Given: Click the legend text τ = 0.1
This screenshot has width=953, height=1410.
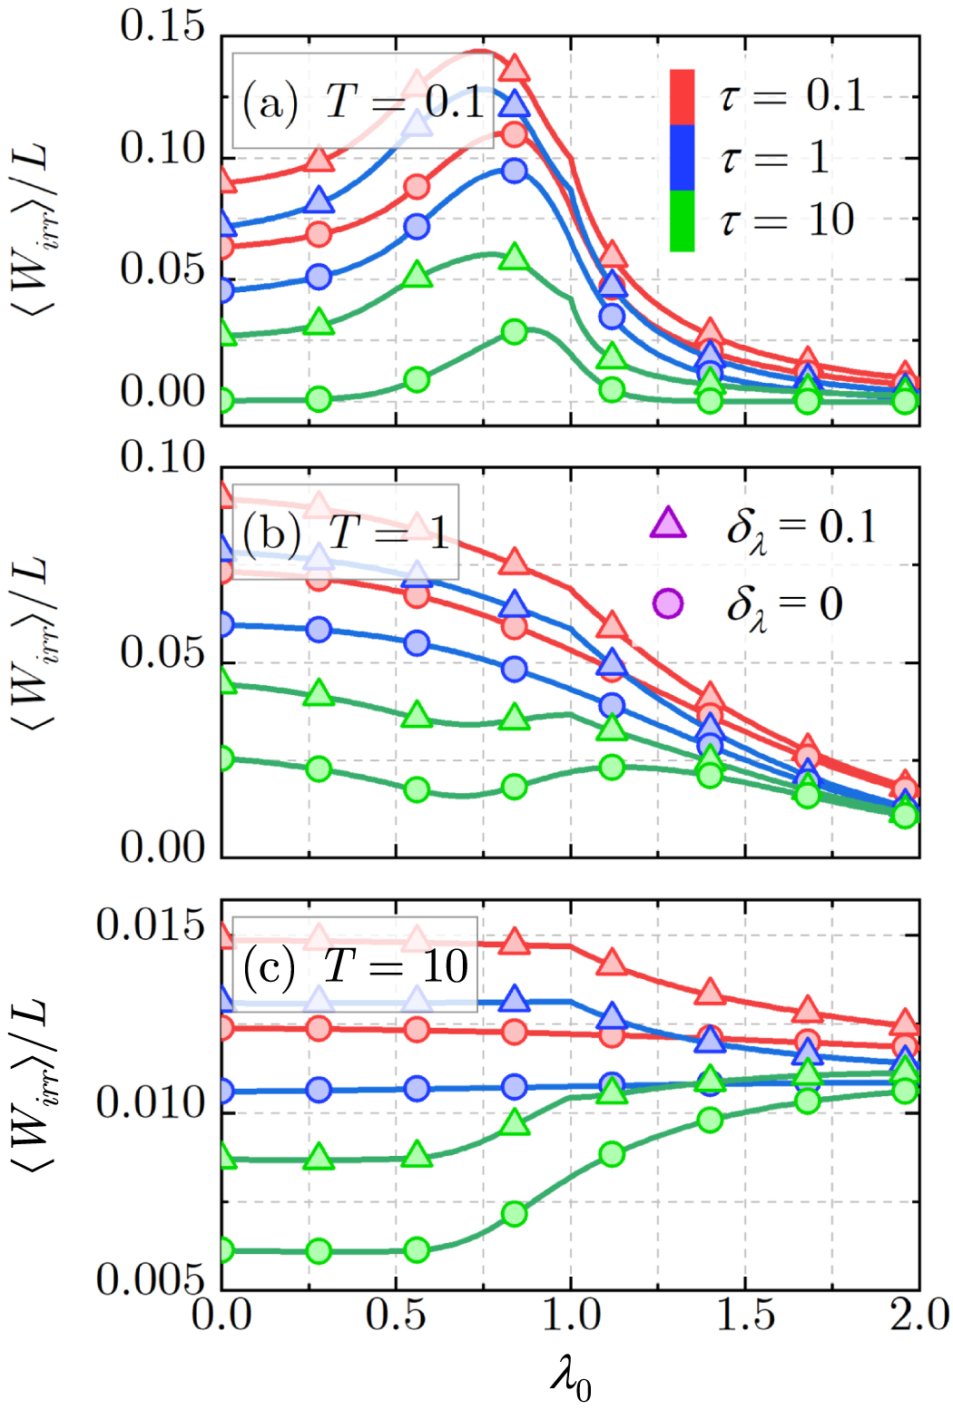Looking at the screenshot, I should [x=792, y=94].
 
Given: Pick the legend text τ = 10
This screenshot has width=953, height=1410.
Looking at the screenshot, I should [x=787, y=220].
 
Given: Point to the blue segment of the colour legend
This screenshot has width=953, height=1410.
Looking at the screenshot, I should [x=682, y=158].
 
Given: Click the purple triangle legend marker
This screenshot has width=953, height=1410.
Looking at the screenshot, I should [x=668, y=524].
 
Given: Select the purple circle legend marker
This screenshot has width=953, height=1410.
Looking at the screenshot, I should [x=668, y=603].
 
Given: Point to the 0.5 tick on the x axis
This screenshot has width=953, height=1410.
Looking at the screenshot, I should [x=396, y=1315].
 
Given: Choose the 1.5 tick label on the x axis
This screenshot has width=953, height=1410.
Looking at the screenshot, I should [x=745, y=1315].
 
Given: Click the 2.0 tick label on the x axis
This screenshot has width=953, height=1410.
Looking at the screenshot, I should [x=919, y=1315].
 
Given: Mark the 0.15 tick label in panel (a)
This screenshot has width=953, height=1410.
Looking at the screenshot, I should [x=163, y=27].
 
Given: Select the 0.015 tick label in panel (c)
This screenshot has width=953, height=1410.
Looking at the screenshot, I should [x=151, y=925].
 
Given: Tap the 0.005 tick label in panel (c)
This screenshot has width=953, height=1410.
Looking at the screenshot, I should [x=151, y=1279].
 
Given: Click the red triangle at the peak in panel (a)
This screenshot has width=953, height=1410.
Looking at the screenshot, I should [x=515, y=68].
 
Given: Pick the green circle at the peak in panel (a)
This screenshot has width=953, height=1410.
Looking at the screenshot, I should [x=515, y=331].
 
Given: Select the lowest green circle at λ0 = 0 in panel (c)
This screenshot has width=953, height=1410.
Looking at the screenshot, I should [x=222, y=1250].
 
